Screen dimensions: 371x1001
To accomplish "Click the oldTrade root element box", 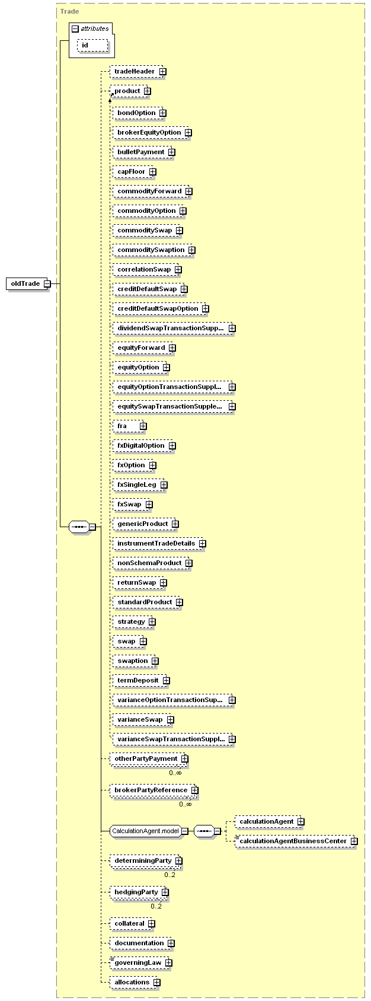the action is tap(27, 284).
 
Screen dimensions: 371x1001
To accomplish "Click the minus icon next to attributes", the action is tap(75, 29).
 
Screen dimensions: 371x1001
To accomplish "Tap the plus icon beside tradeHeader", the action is tap(163, 72).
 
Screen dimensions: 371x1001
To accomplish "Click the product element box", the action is tap(129, 91).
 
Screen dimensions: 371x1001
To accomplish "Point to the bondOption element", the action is tap(137, 113).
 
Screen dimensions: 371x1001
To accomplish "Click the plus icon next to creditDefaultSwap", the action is tap(184, 289).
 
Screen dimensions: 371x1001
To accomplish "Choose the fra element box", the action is tap(128, 426).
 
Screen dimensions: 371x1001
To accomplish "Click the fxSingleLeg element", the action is tap(139, 485).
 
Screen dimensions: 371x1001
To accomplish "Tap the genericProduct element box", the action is tap(144, 524).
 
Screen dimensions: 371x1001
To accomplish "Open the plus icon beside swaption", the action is tap(155, 661).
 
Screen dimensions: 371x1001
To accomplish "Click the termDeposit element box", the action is tap(139, 681).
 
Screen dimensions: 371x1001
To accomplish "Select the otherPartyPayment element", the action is tap(148, 759).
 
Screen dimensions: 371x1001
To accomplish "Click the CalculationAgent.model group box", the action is tap(146, 831).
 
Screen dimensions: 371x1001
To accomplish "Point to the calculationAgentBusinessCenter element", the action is tap(295, 841).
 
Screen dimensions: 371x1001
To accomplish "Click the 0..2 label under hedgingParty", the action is tap(156, 906).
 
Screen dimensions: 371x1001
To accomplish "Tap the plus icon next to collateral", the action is tap(151, 924).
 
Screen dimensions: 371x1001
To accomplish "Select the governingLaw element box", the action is tap(139, 962).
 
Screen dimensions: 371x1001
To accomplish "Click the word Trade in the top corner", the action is tap(70, 11).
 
